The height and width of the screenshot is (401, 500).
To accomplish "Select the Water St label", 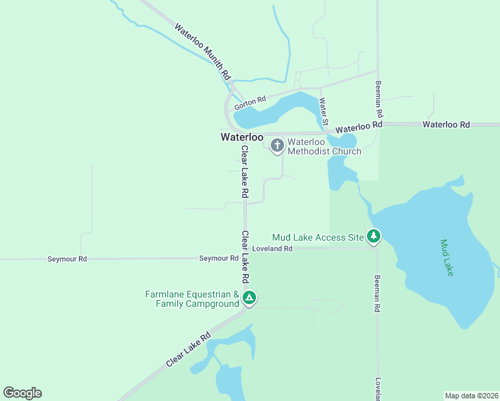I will [x=324, y=110].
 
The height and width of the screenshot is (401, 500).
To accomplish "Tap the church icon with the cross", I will [x=277, y=145].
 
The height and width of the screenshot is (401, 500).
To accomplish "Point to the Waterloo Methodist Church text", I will [x=324, y=146].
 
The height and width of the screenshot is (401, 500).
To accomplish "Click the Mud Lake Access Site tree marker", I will [x=374, y=236].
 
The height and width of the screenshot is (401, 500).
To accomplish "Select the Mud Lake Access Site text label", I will [x=318, y=237].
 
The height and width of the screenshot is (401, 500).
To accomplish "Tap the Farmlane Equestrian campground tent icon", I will [x=249, y=297].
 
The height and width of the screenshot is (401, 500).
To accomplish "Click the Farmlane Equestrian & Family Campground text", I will [x=193, y=299].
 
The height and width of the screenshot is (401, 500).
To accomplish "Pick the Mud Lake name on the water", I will [x=447, y=258].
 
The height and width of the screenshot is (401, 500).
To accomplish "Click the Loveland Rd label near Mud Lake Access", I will [x=273, y=249].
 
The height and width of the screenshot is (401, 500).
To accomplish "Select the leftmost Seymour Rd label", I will [x=68, y=259].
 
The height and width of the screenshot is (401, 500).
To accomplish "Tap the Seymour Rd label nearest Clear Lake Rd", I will [x=219, y=258].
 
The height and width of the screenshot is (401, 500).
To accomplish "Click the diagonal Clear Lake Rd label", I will [x=189, y=349].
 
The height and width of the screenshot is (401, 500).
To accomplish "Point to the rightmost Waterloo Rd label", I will [x=446, y=124].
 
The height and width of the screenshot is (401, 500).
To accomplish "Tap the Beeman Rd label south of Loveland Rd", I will [x=378, y=294].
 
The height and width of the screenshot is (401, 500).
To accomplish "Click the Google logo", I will [x=22, y=393].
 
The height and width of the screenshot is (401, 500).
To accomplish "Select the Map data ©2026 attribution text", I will [x=471, y=396].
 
